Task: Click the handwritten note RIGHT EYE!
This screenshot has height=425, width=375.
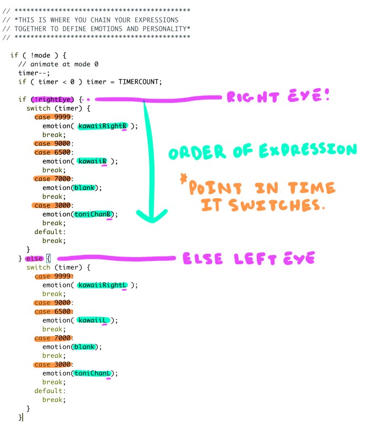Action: [277, 97]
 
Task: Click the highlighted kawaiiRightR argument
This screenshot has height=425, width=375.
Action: [103, 126]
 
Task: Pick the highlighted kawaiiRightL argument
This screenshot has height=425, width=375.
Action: [103, 285]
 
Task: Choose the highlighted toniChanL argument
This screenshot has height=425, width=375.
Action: [94, 373]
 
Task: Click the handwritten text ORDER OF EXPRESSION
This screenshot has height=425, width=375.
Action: [262, 150]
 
